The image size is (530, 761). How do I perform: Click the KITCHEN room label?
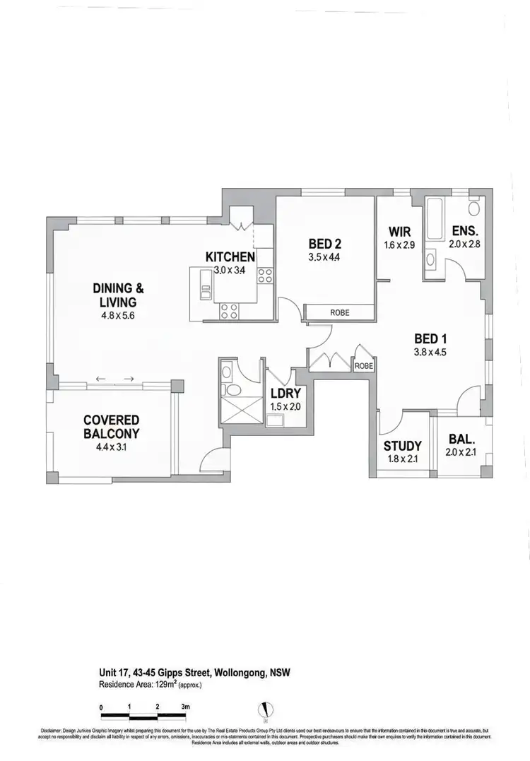(230, 256)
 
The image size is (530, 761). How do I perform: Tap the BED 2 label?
(324, 244)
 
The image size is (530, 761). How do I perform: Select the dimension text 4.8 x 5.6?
(118, 315)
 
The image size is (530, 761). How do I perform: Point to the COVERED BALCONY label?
(111, 427)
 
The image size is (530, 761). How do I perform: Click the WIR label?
(400, 232)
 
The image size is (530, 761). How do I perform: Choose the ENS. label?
(464, 230)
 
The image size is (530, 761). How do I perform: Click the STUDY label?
(402, 446)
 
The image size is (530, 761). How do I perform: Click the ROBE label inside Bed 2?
(340, 312)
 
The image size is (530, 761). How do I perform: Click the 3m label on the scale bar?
(186, 706)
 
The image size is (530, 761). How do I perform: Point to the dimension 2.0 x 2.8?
(464, 244)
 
